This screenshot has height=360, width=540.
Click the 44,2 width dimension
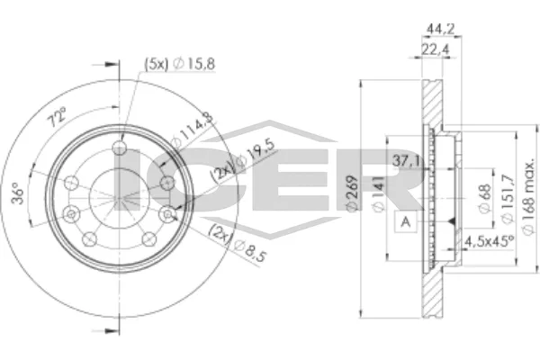tap(441, 30)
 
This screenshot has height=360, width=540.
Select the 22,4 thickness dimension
tap(436, 50)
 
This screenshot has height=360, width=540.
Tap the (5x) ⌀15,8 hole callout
tap(179, 64)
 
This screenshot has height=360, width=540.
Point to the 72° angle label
tap(57, 117)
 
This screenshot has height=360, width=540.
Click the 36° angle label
tap(18, 195)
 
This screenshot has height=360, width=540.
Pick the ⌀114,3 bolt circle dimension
tap(193, 130)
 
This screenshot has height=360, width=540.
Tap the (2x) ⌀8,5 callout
tap(238, 242)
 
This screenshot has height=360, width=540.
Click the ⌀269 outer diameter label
tap(352, 193)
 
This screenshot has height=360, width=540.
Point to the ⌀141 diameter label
tap(378, 194)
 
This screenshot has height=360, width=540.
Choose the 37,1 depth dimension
tap(407, 160)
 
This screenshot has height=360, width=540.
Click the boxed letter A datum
tap(406, 222)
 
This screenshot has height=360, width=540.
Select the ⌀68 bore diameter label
tap(484, 198)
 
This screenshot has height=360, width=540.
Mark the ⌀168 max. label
tap(529, 198)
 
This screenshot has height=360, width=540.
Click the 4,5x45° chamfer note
tap(489, 241)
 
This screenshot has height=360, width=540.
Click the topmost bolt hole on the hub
tap(120, 148)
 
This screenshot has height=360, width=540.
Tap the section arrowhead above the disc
tap(110, 65)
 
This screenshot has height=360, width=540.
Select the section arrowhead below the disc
tap(110, 331)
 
